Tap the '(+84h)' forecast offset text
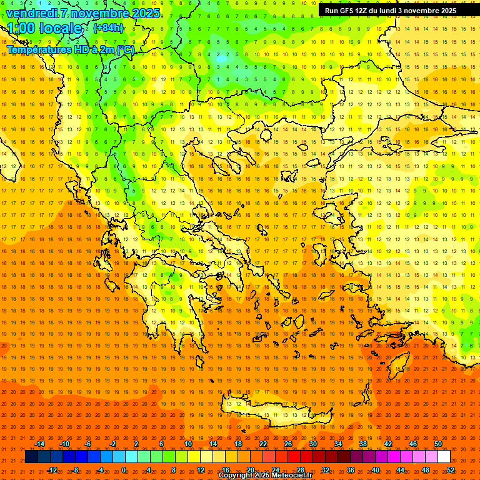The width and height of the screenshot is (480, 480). (108, 28)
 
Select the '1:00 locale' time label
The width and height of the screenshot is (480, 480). (44, 28)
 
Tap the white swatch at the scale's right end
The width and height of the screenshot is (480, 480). (444, 457)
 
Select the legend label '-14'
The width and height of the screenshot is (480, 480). (39, 444)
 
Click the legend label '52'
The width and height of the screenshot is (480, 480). (451, 470)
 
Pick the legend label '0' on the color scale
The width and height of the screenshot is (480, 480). (123, 470)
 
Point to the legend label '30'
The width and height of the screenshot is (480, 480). (312, 444)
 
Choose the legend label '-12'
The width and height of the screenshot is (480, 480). (52, 470)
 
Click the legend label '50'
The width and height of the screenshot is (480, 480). (437, 444)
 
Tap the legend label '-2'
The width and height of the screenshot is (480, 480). (113, 444)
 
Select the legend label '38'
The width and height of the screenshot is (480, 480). (362, 444)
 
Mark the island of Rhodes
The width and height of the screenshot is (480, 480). (397, 362)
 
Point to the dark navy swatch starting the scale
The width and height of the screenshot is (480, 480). (31, 457)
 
